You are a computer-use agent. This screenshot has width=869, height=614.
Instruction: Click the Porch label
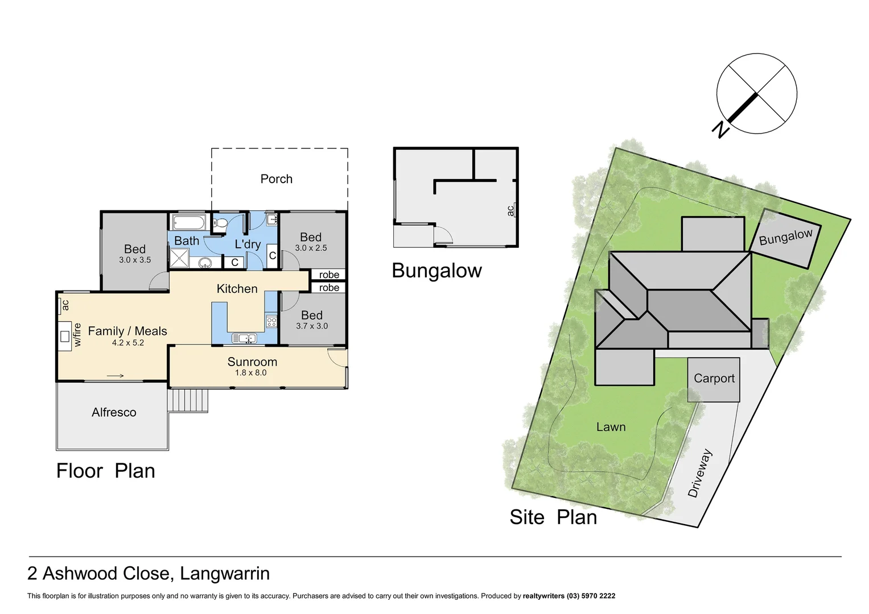[x=276, y=179]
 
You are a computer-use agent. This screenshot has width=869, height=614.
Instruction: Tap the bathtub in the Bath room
[x=190, y=222]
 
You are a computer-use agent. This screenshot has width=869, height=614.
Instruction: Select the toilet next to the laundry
[x=221, y=223]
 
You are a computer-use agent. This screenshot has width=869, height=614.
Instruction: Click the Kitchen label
[x=237, y=289]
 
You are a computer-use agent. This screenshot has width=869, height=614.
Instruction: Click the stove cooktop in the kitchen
[x=271, y=322]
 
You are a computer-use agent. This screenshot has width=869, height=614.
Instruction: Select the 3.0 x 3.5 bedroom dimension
[x=135, y=260]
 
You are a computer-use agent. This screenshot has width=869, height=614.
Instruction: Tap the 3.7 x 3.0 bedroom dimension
[x=312, y=326]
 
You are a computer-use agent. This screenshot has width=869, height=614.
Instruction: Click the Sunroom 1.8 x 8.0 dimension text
[x=250, y=373]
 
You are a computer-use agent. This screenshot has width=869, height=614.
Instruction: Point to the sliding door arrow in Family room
[x=116, y=375]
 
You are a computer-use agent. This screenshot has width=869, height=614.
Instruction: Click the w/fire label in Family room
[x=77, y=335]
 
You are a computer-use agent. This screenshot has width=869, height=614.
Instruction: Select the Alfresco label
[x=114, y=413]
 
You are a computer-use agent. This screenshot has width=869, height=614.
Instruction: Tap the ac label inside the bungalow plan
[x=510, y=210]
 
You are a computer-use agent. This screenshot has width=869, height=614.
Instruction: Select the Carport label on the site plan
[x=714, y=379]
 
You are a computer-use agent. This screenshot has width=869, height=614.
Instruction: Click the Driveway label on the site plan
[x=699, y=474]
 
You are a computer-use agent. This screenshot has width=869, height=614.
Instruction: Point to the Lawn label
[x=611, y=427]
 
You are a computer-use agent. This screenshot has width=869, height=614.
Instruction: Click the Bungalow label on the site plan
[x=785, y=237]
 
